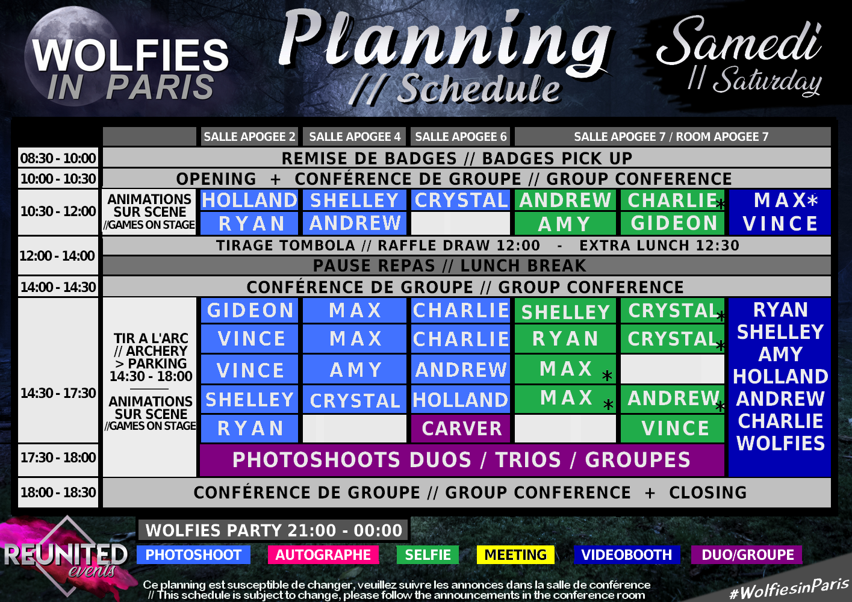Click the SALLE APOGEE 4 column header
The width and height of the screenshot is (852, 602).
[355, 137]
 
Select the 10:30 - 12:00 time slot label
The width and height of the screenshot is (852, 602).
[58, 211]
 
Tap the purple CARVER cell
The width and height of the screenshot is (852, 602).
[461, 429]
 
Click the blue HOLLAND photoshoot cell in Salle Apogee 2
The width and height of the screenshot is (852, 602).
[249, 200]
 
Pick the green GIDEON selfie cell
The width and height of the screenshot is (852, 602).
[673, 223]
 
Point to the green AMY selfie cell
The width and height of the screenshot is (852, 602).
[565, 223]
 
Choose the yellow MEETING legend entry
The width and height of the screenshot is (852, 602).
[515, 555]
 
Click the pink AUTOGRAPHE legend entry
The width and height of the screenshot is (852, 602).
[323, 555]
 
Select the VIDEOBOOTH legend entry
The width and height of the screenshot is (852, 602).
[626, 555]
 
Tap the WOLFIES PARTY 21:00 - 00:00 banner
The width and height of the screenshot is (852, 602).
[273, 530]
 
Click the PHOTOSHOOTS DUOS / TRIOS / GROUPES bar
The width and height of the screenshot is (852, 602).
[462, 460]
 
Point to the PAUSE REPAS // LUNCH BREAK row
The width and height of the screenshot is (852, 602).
[467, 265]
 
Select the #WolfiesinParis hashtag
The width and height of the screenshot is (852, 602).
[789, 588]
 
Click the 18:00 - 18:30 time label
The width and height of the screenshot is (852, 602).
[58, 492]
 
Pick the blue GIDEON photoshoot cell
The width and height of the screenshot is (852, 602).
[249, 310]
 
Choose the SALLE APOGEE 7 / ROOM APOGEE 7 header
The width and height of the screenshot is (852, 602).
[673, 137]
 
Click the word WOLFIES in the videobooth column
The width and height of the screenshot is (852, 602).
[780, 443]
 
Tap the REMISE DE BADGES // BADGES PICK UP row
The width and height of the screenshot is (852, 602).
[467, 158]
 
